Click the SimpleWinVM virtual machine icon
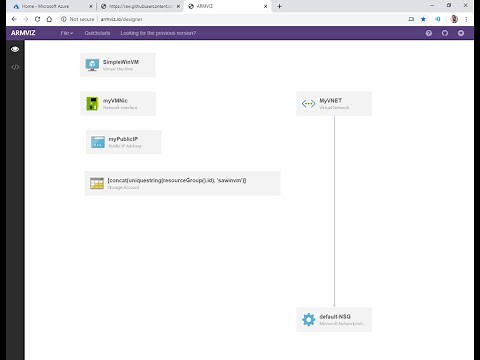pyautogui.click(x=92, y=65)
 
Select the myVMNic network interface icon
pyautogui.click(x=92, y=105)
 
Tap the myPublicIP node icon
pyautogui.click(x=98, y=142)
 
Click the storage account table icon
pyautogui.click(x=96, y=183)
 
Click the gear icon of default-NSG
pyautogui.click(x=309, y=320)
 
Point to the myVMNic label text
pyautogui.click(x=116, y=101)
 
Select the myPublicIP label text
pyautogui.click(x=123, y=138)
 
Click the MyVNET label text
pyautogui.click(x=331, y=101)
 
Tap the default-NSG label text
pyautogui.click(x=337, y=317)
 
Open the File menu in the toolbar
pyautogui.click(x=66, y=33)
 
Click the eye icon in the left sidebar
pyautogui.click(x=15, y=49)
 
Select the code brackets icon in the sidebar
pyautogui.click(x=15, y=66)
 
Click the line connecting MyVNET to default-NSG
pyautogui.click(x=334, y=210)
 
